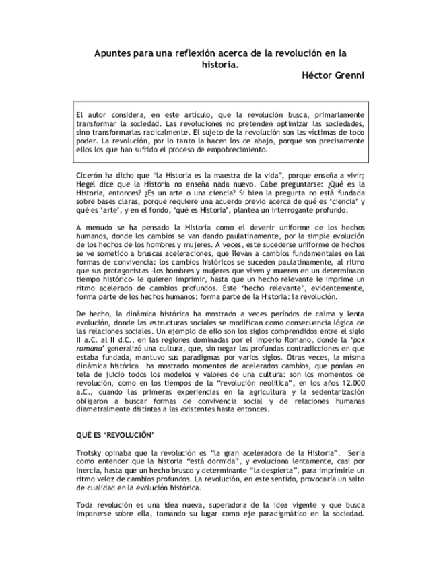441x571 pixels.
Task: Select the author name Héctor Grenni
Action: [332, 75]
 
